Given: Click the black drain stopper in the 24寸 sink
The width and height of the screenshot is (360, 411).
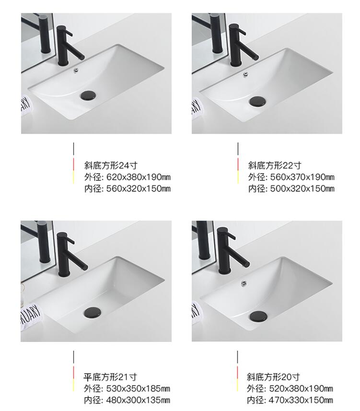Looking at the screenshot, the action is (88, 95).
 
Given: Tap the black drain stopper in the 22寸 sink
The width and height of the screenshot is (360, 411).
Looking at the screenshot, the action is (257, 101).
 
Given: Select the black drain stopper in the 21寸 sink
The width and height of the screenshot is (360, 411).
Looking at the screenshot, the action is (93, 312).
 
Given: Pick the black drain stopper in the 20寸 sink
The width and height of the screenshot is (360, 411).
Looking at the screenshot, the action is (258, 317).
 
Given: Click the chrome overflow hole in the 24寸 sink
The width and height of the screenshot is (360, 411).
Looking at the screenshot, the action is (76, 70).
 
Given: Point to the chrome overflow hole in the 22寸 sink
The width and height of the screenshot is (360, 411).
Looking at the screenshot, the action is (246, 74).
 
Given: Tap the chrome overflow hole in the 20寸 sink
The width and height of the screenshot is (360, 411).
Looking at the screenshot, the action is (244, 283).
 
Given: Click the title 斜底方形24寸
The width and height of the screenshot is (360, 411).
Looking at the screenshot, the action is (111, 165).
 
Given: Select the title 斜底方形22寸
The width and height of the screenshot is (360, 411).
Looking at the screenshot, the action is (275, 165).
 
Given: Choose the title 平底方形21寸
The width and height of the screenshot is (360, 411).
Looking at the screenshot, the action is (110, 377).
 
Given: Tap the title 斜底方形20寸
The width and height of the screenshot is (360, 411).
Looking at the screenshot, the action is (273, 377).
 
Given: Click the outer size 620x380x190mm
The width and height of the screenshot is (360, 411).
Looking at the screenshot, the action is (139, 177).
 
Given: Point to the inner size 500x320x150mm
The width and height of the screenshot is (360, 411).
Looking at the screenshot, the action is (302, 189).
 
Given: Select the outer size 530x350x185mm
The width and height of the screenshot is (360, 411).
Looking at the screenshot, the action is (138, 388).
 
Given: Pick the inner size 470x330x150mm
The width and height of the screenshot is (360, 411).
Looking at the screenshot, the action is (301, 400).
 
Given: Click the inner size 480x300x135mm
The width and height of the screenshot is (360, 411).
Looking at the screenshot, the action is (138, 400).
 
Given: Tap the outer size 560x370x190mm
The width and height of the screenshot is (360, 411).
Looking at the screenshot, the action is (302, 177).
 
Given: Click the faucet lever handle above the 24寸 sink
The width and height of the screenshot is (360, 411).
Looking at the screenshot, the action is (68, 32).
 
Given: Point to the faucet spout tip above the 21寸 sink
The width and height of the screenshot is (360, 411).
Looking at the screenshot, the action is (85, 267).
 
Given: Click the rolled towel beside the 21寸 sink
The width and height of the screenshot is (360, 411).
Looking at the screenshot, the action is (31, 317).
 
